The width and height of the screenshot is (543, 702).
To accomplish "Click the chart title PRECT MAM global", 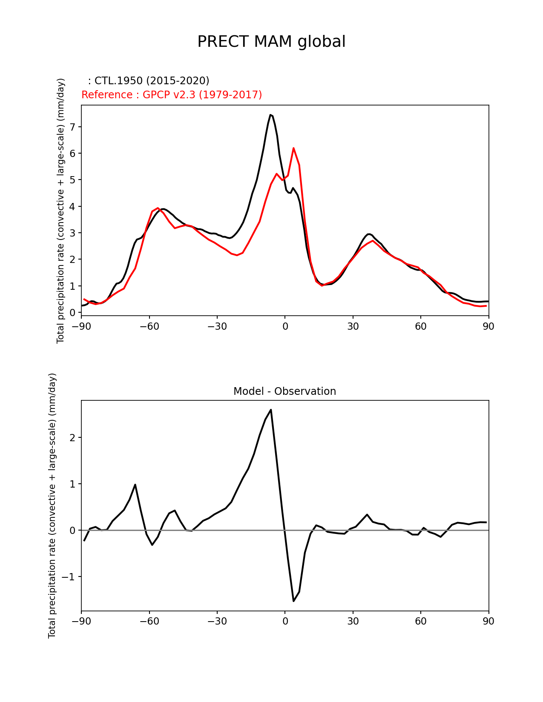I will (x=271, y=42).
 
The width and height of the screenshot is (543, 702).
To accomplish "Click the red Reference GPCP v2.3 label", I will (x=172, y=95).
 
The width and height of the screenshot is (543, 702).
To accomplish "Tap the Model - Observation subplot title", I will (x=284, y=391).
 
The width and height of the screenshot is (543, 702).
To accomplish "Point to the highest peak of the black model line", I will (x=270, y=115).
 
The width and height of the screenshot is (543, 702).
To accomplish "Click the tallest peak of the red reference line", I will (x=293, y=148).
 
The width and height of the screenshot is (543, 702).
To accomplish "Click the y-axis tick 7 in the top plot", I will (x=72, y=127).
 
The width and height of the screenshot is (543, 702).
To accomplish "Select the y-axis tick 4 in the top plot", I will (x=72, y=206).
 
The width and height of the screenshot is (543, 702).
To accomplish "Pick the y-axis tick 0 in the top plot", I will (x=72, y=312).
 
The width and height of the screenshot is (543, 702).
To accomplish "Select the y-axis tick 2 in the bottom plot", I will (x=72, y=438).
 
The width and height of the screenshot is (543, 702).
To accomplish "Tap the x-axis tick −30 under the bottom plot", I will (x=217, y=621).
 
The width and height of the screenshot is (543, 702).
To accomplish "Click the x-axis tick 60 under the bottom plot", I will (x=421, y=621).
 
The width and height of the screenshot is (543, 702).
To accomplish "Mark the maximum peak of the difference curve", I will (x=271, y=410).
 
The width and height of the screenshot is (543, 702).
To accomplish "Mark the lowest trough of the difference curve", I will (x=293, y=601).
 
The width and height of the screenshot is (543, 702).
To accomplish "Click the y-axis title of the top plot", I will (x=60, y=211).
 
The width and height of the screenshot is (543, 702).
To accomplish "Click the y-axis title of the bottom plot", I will (x=52, y=505).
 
